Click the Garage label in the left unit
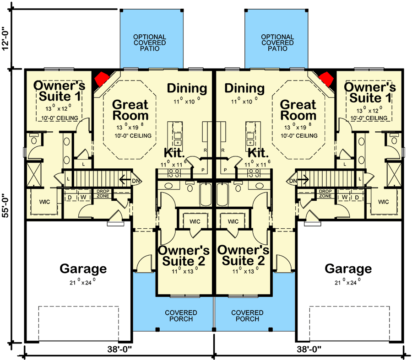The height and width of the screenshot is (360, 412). pyautogui.click(x=83, y=269)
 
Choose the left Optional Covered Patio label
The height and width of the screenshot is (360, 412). pyautogui.click(x=150, y=43)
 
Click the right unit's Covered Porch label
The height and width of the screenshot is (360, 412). pyautogui.click(x=247, y=316)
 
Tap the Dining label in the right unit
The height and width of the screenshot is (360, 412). pyautogui.click(x=244, y=88)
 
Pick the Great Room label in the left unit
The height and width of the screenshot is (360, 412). pyautogui.click(x=130, y=110)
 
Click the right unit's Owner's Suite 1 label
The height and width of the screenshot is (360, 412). pyautogui.click(x=370, y=92)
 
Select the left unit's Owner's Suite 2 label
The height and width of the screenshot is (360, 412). pyautogui.click(x=183, y=255)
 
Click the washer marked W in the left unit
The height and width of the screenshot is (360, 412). pyautogui.click(x=84, y=197)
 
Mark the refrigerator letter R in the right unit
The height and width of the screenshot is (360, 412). pyautogui.click(x=222, y=150)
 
